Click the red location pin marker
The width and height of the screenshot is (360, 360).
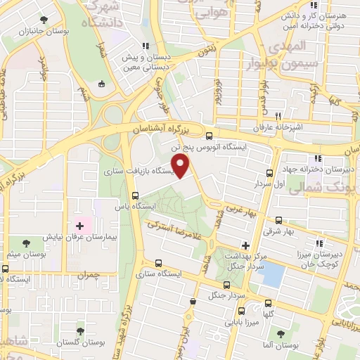click(181, 167)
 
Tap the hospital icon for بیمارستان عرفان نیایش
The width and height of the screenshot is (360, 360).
click(79, 226)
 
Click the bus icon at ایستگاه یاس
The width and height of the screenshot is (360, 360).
click(135, 196)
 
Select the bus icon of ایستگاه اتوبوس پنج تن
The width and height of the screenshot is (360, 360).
click(209, 136)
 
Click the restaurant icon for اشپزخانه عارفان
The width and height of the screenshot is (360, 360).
click(278, 116)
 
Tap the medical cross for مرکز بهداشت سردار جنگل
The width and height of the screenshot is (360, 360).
click(245, 245)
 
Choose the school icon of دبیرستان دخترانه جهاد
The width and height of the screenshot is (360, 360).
click(318, 159)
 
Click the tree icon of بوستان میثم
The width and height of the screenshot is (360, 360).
click(26, 243)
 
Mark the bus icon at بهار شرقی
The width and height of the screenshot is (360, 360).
click(280, 219)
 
